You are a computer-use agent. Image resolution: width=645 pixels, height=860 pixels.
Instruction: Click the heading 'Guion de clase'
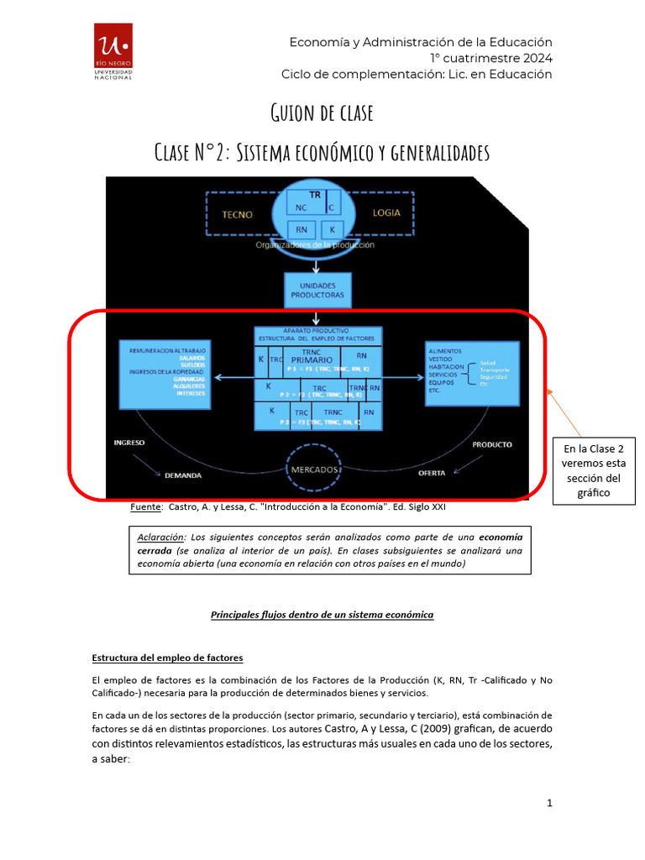click(x=322, y=113)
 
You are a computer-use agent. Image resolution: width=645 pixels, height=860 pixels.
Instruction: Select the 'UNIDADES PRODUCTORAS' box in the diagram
click(x=317, y=290)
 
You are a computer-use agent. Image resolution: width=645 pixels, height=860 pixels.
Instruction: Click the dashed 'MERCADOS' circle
click(x=317, y=468)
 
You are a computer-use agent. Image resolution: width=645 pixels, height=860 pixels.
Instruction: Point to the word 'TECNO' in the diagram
click(x=237, y=214)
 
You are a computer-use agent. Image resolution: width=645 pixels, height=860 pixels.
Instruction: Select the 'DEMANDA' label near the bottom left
click(x=182, y=475)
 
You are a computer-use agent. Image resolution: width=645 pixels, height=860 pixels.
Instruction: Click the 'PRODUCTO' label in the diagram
click(x=491, y=444)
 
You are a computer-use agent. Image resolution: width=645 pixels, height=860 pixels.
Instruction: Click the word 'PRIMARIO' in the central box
click(x=312, y=359)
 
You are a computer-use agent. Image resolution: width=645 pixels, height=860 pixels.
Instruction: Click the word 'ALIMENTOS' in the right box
click(x=445, y=349)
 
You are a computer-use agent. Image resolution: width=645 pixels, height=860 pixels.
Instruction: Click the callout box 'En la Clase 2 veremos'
click(x=594, y=470)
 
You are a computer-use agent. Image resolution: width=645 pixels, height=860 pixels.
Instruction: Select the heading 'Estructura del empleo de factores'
click(x=167, y=657)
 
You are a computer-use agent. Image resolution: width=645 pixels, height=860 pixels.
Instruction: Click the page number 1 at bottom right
click(x=549, y=803)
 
